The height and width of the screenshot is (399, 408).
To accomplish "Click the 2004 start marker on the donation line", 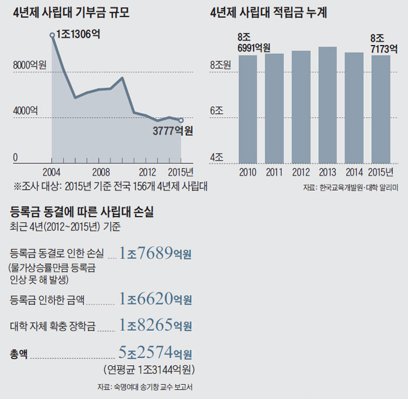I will point(52,36).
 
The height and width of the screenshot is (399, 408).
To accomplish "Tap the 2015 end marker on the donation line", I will point(181,120).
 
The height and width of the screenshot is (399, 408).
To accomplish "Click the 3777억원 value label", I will point(173,131).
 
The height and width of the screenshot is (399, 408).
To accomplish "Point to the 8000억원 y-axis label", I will point(30,65).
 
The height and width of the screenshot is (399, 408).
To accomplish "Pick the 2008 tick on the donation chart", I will point(101,172).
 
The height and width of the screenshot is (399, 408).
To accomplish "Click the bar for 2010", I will point(248,108).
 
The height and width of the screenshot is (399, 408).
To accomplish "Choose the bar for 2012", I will point(301,106).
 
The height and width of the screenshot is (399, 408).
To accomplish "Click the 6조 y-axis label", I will point(217,110).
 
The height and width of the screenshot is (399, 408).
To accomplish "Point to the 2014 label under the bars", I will point(354,172).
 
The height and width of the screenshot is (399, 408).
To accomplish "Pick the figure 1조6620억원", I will point(155,299).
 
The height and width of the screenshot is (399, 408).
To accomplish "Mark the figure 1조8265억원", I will point(155,325).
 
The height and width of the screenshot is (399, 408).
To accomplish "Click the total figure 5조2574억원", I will point(155,352).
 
